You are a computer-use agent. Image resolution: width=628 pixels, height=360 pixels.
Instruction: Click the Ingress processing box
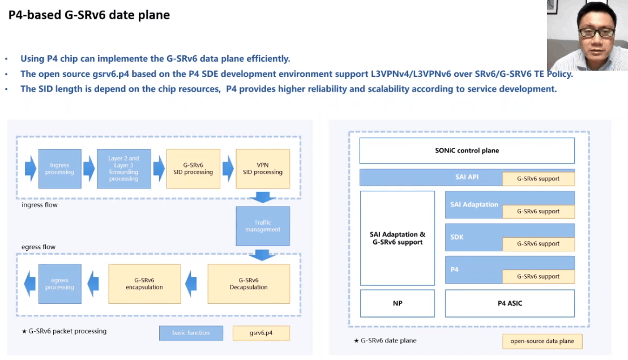(59, 169)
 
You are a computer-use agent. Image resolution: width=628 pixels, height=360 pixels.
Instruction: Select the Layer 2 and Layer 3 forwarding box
(123, 169)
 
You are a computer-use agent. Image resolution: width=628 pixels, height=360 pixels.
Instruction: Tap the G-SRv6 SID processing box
(194, 169)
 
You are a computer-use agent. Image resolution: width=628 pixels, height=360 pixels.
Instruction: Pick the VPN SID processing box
(262, 169)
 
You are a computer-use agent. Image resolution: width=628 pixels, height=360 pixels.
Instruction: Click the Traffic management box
(262, 226)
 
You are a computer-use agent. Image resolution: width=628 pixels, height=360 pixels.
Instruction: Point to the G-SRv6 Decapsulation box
(249, 284)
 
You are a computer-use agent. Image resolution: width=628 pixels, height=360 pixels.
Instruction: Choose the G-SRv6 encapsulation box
(144, 284)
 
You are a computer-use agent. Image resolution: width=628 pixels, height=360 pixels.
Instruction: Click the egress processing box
(59, 284)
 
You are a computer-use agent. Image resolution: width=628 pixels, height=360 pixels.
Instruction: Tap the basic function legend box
(191, 333)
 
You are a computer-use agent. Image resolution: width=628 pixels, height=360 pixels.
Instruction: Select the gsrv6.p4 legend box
(261, 333)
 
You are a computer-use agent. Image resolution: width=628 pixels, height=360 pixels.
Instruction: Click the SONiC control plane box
(467, 151)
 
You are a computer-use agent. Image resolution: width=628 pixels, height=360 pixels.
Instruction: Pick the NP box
(398, 303)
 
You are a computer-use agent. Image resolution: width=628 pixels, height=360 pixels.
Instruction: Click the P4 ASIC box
(510, 303)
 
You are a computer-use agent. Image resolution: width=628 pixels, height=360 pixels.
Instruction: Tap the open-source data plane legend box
(542, 341)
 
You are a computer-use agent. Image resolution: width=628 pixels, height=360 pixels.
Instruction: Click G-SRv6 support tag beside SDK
(538, 244)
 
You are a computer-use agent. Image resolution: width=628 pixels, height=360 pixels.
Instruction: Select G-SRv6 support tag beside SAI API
(538, 179)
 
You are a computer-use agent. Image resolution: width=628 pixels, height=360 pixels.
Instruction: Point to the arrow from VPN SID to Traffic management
(262, 197)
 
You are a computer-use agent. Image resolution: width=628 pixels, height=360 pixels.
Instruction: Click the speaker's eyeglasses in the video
(596, 32)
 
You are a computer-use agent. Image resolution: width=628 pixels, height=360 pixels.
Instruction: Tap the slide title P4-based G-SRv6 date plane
(89, 15)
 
